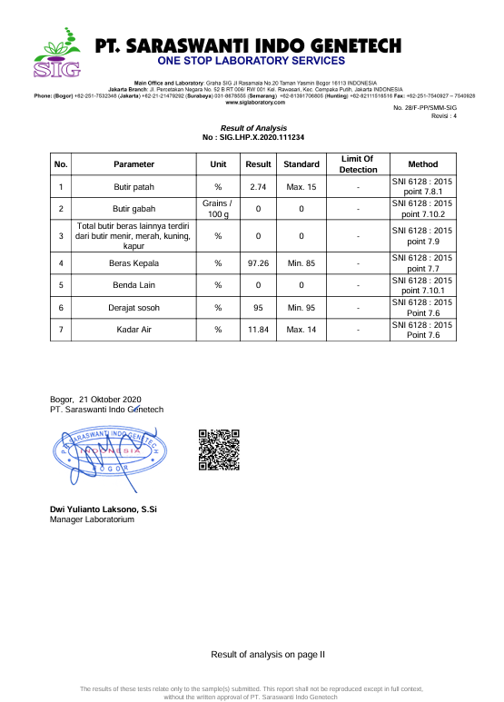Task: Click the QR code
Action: click(219, 449)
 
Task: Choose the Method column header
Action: click(422, 164)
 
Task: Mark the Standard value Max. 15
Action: click(301, 187)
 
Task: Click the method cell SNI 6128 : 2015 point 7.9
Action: click(422, 236)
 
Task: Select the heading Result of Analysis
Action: click(253, 128)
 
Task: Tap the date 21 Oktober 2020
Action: click(110, 400)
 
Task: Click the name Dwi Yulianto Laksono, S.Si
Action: click(104, 509)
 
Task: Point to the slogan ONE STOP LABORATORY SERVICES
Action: click(252, 61)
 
